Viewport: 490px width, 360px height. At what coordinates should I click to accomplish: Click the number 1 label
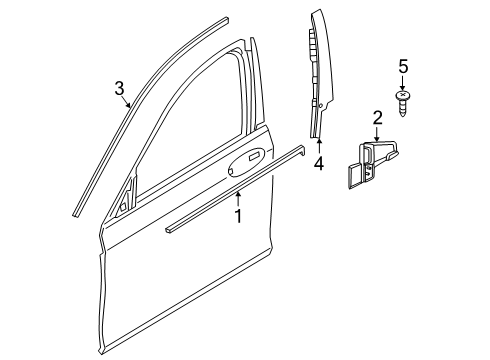click(238, 214)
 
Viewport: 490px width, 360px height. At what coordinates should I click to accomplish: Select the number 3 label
click(119, 87)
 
